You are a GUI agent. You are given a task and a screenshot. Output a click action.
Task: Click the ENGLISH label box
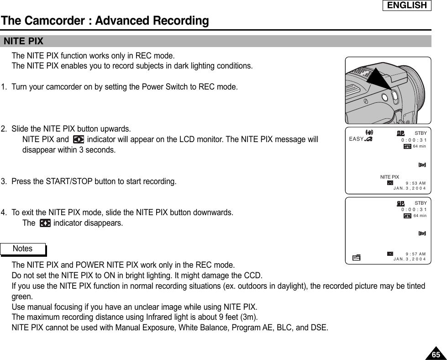406,5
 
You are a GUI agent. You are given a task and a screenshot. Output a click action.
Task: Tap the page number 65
436,355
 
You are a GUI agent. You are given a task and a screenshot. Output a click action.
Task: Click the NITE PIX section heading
24,42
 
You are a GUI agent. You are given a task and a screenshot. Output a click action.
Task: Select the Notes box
23,249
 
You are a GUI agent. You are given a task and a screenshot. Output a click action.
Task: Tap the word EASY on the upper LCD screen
356,139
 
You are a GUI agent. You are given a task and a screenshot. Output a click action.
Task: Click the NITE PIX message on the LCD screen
389,177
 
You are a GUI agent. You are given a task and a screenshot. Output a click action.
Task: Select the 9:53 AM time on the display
415,183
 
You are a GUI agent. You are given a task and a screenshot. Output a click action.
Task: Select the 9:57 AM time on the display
415,254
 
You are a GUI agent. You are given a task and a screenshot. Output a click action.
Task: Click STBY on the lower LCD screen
421,203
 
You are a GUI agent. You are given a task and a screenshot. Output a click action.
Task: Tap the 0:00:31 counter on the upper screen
414,140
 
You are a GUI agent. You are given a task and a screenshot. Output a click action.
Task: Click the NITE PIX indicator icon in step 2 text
78,139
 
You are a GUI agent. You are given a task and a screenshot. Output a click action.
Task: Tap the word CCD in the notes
254,275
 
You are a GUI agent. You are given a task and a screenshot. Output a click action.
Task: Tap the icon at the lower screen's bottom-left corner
356,258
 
